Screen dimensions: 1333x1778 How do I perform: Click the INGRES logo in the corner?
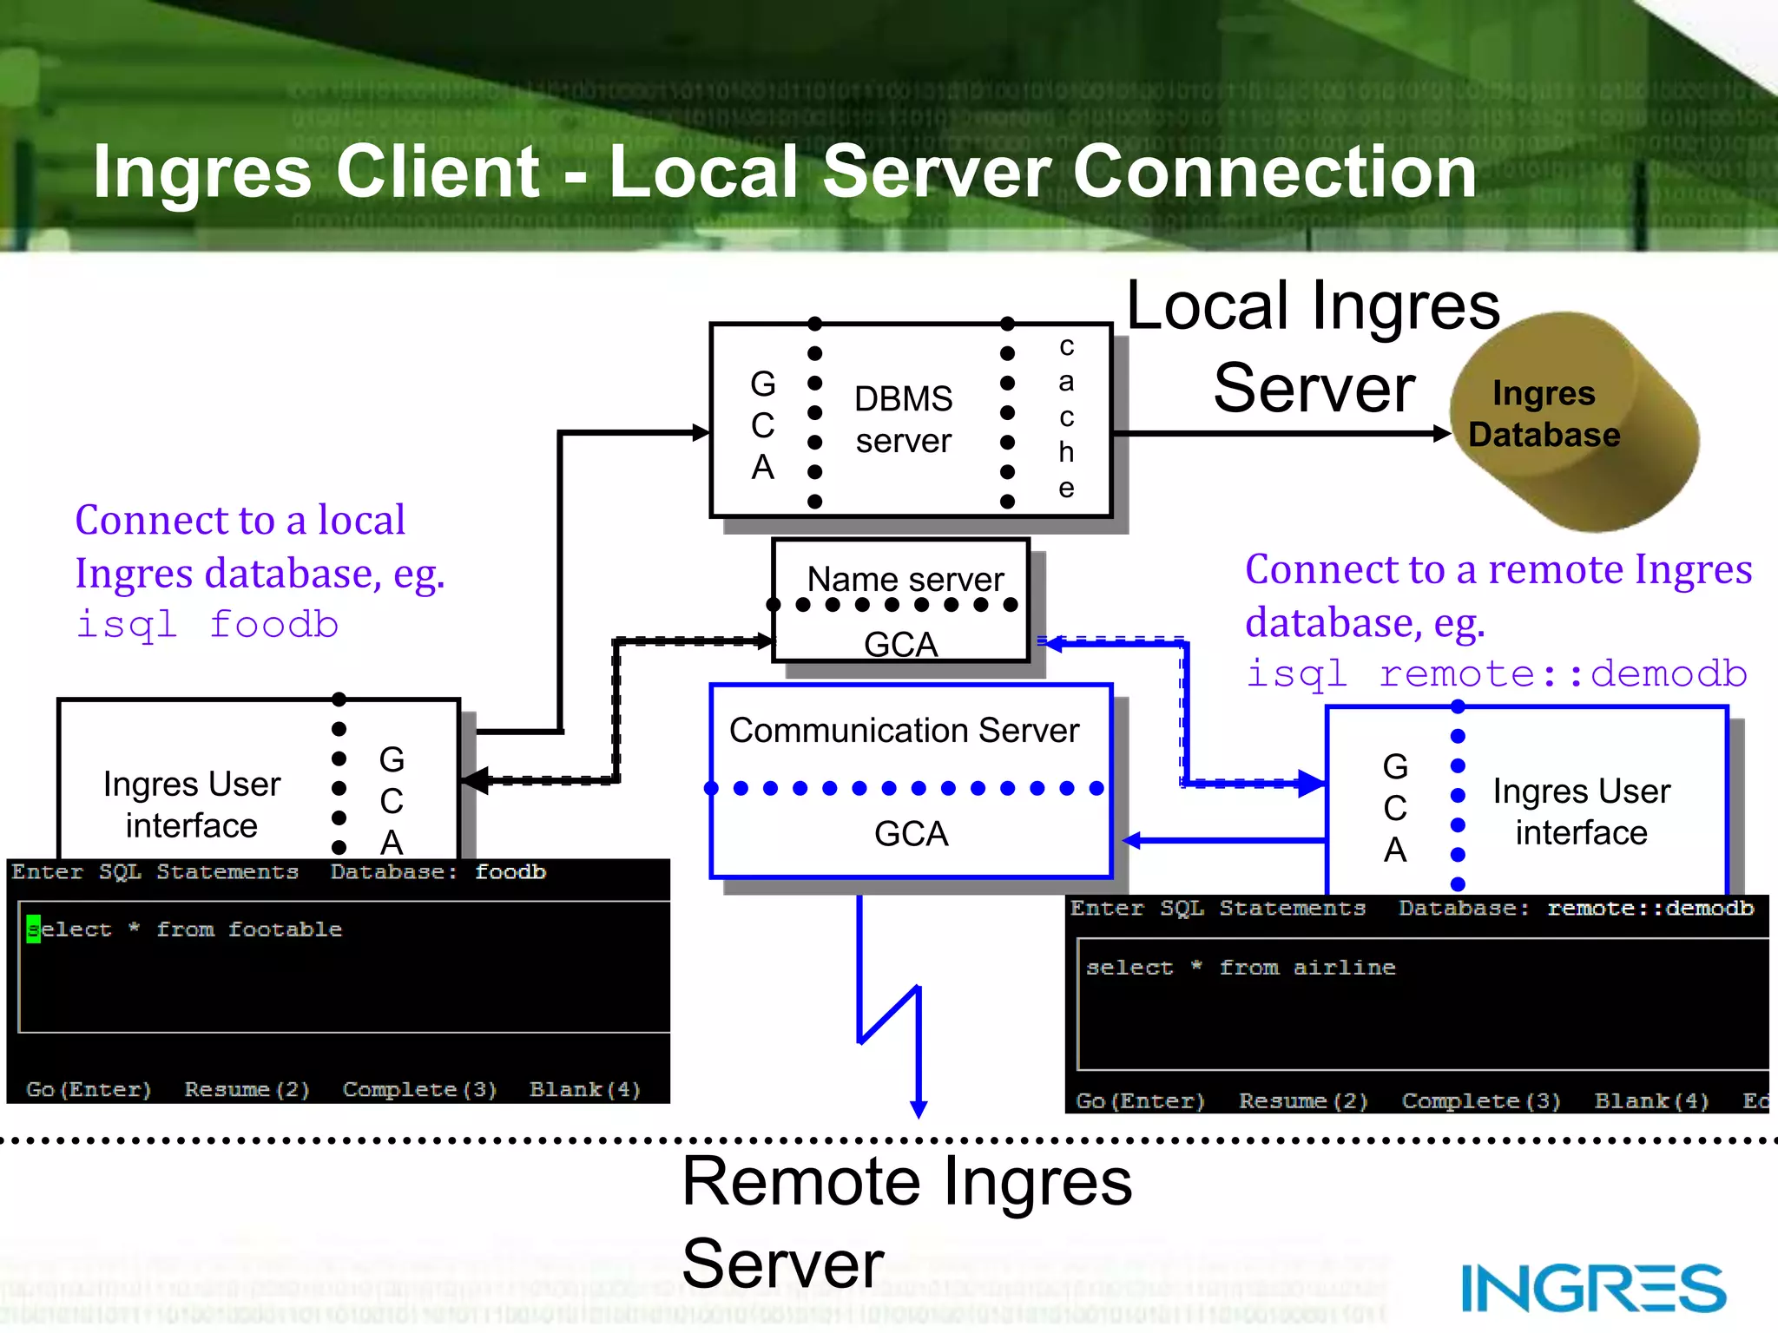click(x=1593, y=1288)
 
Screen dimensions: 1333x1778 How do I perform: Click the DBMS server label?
click(x=903, y=420)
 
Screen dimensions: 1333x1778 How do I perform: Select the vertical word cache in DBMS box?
click(x=1066, y=417)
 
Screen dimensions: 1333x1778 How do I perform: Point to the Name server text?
click(x=905, y=579)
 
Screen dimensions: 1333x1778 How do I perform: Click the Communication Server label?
click(x=904, y=731)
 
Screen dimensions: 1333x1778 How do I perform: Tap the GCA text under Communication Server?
click(x=911, y=834)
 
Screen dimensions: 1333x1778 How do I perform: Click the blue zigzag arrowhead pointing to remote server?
click(x=919, y=1109)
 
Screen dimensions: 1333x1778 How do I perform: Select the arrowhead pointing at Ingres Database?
click(x=1441, y=433)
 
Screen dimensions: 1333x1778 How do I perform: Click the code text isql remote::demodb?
click(x=1496, y=674)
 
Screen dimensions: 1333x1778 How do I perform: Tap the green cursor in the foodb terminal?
click(x=33, y=929)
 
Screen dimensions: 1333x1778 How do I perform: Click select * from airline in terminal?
click(x=1241, y=968)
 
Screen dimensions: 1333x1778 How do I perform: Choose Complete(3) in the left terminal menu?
click(x=419, y=1089)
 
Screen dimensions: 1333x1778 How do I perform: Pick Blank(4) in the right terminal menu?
click(x=1651, y=1101)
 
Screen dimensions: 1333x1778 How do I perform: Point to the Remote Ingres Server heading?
click(x=906, y=1222)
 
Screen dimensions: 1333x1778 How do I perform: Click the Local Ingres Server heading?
click(x=1313, y=347)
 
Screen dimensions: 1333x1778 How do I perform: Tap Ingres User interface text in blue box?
click(x=1581, y=811)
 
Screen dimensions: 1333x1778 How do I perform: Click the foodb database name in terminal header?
click(x=510, y=872)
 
